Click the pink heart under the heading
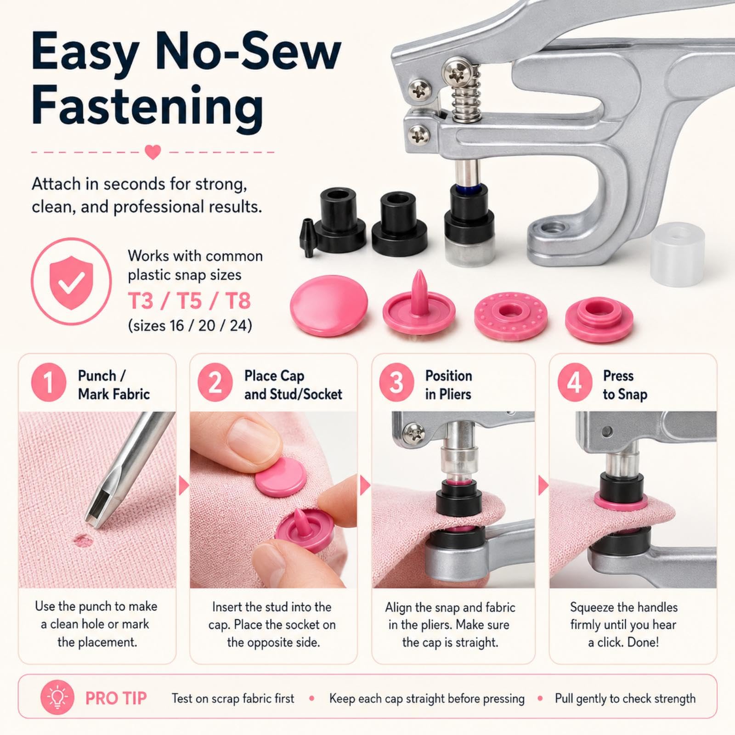153,152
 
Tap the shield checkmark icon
72,281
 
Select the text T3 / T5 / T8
189,301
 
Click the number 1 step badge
48,382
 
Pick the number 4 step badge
574,382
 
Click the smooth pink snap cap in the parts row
329,305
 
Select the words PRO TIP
116,699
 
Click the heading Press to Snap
625,385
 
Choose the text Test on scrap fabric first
233,699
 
